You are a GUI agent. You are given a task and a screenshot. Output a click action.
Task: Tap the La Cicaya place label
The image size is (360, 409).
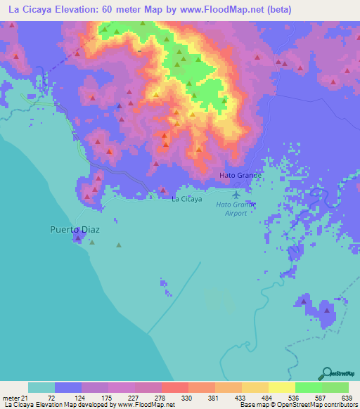coord(187,199)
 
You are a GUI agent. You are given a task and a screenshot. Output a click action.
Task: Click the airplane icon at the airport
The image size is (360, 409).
coord(236,193)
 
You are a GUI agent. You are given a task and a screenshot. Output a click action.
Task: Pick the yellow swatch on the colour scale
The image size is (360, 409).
coord(281,387)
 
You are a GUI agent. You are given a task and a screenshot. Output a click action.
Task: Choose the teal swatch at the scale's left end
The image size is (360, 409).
coord(41,387)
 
